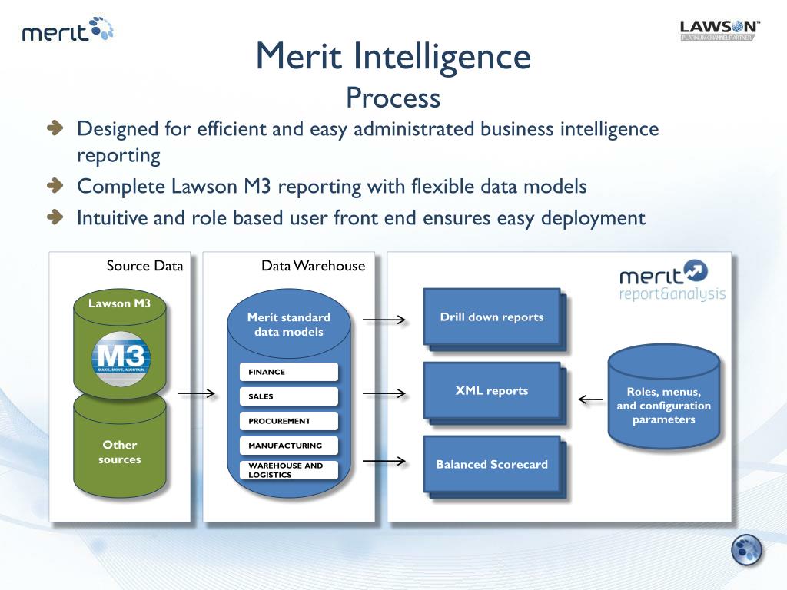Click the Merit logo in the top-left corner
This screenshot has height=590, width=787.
click(68, 31)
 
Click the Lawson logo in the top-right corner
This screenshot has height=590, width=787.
click(720, 30)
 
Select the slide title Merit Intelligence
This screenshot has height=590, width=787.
click(393, 56)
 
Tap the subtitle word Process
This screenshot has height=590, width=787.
click(393, 98)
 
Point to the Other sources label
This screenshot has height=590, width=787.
click(120, 452)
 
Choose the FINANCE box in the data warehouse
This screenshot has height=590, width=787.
click(289, 372)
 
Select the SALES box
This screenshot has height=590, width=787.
click(289, 396)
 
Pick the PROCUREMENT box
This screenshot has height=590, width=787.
click(289, 421)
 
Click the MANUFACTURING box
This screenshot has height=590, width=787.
click(289, 446)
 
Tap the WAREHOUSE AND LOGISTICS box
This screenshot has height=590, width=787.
click(289, 470)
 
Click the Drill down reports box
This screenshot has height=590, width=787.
click(492, 317)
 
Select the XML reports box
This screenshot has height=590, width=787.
click(492, 390)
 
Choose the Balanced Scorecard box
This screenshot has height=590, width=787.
click(492, 464)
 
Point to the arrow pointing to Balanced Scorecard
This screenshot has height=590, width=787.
click(384, 461)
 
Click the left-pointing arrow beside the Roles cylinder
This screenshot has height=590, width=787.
click(590, 399)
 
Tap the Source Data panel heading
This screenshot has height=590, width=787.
click(144, 266)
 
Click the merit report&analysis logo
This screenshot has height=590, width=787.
click(672, 282)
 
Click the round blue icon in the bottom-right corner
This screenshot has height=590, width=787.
click(746, 549)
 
